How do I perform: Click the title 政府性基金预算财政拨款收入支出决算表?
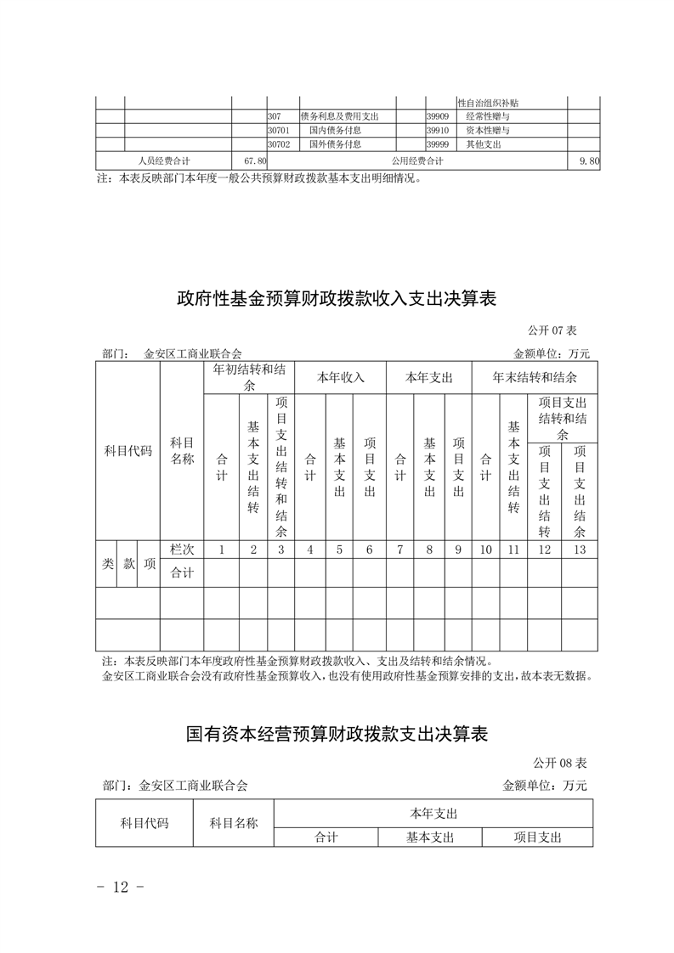click(336, 299)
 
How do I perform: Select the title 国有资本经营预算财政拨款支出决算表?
click(337, 733)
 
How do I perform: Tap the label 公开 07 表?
click(552, 330)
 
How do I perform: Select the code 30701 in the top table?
click(279, 131)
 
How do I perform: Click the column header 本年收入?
click(340, 378)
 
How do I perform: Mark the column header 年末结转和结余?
click(535, 378)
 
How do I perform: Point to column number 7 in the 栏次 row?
click(399, 550)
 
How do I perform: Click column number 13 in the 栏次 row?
click(580, 550)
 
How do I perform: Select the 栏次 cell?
click(182, 550)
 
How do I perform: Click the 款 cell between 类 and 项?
click(129, 562)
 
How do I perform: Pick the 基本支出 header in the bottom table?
click(429, 837)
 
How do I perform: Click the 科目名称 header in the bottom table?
click(234, 823)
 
